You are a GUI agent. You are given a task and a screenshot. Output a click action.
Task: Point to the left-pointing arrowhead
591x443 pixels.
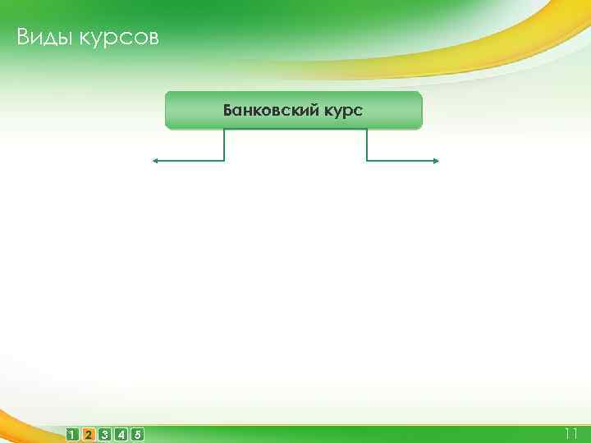click(153, 161)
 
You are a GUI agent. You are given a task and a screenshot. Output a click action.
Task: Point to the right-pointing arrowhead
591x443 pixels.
click(436, 161)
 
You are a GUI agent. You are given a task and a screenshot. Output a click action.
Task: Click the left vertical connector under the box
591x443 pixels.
click(224, 145)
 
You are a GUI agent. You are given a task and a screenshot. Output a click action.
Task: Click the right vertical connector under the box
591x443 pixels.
click(366, 145)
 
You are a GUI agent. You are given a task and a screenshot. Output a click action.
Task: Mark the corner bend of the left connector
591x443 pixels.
click(224, 161)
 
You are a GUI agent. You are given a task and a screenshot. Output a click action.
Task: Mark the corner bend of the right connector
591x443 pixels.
click(366, 161)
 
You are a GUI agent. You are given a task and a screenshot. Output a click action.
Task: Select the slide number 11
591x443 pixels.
click(571, 433)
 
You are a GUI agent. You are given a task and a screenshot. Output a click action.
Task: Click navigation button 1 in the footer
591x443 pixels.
click(73, 434)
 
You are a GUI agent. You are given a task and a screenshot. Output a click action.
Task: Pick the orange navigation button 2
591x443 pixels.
click(89, 434)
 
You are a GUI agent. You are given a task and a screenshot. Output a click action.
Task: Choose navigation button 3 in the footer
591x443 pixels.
click(105, 434)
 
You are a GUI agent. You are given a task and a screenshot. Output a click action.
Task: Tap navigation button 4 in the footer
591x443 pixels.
click(121, 434)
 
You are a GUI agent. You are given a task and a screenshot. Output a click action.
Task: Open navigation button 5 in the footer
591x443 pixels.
click(137, 434)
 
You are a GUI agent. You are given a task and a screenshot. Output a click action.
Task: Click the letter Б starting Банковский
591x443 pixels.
click(227, 110)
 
